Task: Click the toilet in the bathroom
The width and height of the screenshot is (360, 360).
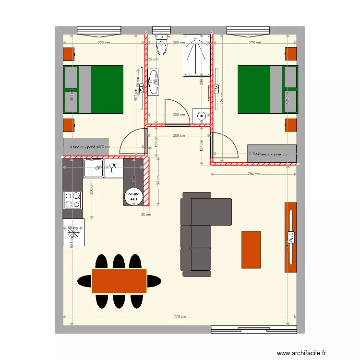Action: point(162,46)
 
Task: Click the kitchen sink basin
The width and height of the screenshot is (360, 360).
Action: point(93,168)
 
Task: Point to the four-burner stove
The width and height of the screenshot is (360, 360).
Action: point(72,200)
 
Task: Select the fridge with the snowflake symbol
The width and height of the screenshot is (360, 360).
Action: point(73,232)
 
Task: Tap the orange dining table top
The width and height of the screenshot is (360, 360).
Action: point(119,281)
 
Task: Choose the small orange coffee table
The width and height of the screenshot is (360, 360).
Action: point(251,250)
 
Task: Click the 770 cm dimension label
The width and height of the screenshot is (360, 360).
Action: point(180,317)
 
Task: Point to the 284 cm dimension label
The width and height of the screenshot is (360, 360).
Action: point(254,174)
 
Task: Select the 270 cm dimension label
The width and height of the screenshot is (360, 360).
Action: point(104,43)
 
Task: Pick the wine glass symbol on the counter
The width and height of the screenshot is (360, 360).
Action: point(114,168)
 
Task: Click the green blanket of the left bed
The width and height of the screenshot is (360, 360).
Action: point(107,89)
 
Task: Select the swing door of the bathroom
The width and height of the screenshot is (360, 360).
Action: point(172,112)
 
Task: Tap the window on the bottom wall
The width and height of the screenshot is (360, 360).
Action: point(254,329)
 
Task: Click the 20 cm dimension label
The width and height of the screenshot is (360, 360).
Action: point(145,215)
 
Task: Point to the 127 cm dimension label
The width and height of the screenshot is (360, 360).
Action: point(202,145)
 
